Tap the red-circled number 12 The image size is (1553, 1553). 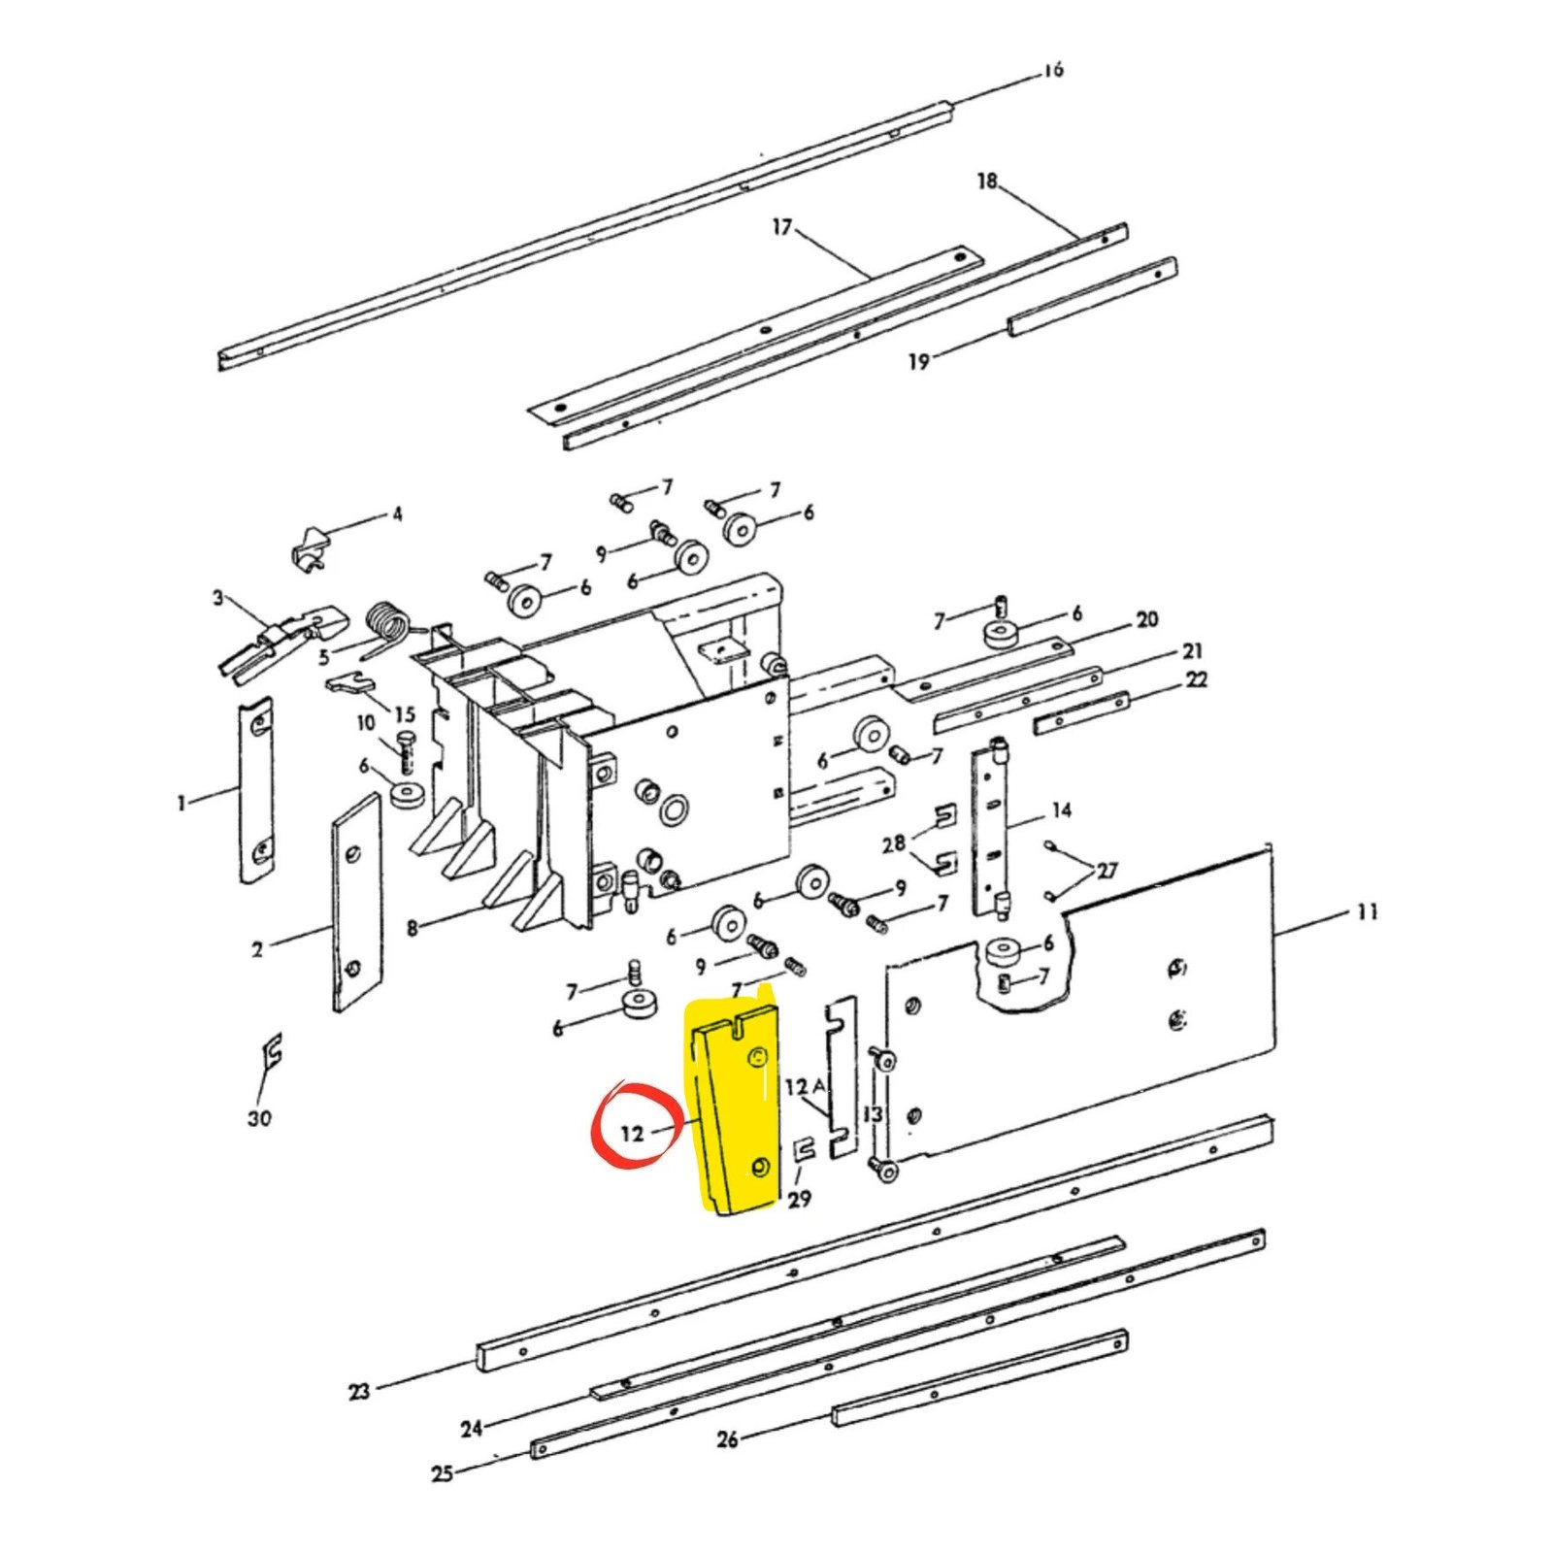pyautogui.click(x=633, y=1132)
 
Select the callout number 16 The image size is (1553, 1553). pyautogui.click(x=1054, y=70)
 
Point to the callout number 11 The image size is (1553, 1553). pyautogui.click(x=1367, y=911)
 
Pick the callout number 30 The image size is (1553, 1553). pyautogui.click(x=259, y=1118)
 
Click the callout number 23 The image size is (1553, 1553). pyautogui.click(x=359, y=1391)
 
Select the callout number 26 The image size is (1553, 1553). pyautogui.click(x=728, y=1438)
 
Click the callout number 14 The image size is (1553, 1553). pyautogui.click(x=1062, y=810)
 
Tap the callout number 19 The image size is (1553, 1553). pyautogui.click(x=918, y=361)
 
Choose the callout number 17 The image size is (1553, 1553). pyautogui.click(x=782, y=227)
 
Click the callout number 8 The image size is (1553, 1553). pyautogui.click(x=413, y=929)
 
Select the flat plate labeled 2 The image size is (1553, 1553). pyautogui.click(x=356, y=902)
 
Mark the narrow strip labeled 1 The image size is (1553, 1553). pyautogui.click(x=256, y=790)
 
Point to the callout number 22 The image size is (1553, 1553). pyautogui.click(x=1197, y=679)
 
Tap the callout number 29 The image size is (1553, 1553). pyautogui.click(x=799, y=1200)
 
